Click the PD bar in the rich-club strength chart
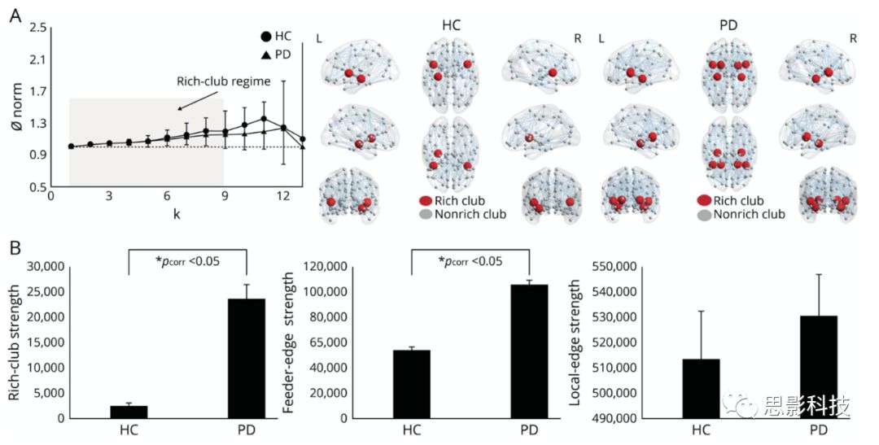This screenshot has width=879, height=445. tap(247, 358)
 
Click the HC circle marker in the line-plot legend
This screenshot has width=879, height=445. tap(265, 37)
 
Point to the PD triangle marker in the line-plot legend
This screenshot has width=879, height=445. tap(265, 55)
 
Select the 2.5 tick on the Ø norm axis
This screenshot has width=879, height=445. tap(37, 28)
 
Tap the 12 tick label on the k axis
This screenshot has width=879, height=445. tap(282, 196)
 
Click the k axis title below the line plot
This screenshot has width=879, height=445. tap(176, 213)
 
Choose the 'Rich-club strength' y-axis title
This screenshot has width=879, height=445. tap(14, 340)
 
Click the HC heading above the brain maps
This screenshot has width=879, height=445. tap(451, 25)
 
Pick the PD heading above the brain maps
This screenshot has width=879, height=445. tap(729, 25)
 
